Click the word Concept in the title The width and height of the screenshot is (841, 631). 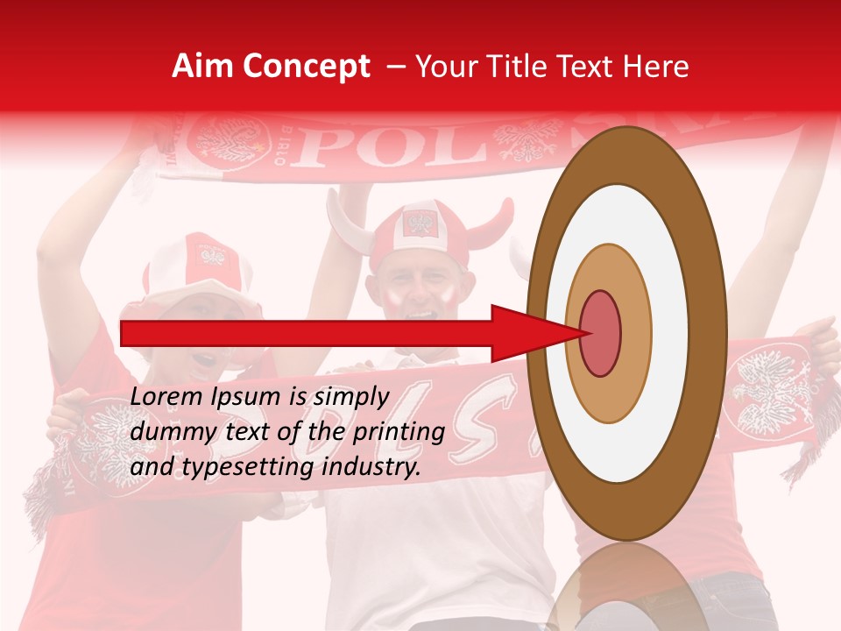point(305,67)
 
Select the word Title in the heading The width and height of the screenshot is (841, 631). point(522,67)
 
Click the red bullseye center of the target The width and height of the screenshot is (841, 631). point(600,332)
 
